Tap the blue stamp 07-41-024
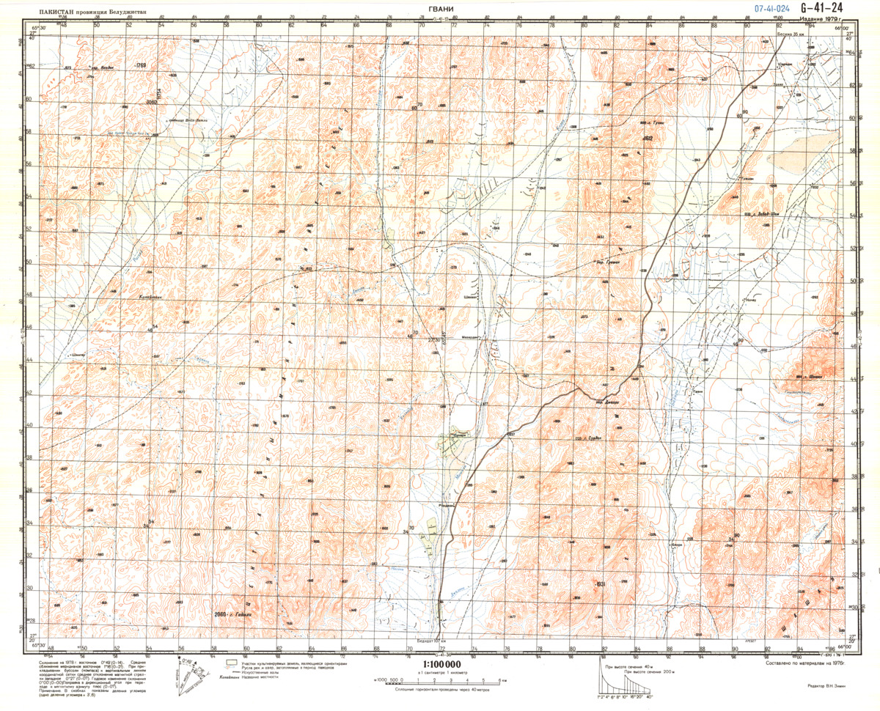click(x=771, y=9)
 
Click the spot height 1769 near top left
click(x=141, y=66)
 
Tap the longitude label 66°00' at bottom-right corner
click(x=845, y=646)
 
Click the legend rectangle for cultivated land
click(x=231, y=663)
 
